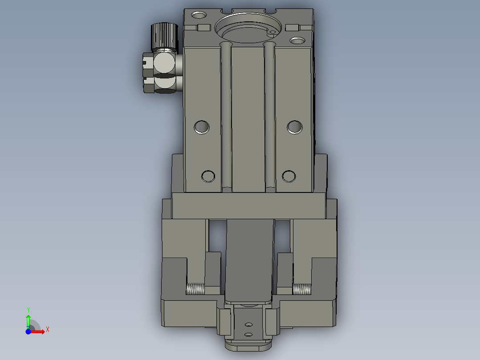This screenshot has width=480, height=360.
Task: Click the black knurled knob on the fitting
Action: pyautogui.click(x=163, y=36)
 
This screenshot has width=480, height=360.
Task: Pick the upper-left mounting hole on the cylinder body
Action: pyautogui.click(x=202, y=127)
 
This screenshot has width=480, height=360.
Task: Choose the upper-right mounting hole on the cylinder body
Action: pyautogui.click(x=294, y=127)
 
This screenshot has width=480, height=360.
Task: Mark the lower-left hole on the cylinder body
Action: pyautogui.click(x=208, y=176)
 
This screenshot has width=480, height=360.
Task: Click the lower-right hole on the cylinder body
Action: pyautogui.click(x=289, y=176)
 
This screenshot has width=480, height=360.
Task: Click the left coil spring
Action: pyautogui.click(x=195, y=290)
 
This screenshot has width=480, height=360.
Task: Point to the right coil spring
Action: pyautogui.click(x=301, y=290)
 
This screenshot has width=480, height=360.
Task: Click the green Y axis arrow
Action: pyautogui.click(x=28, y=320)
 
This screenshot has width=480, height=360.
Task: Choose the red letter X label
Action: pyautogui.click(x=48, y=329)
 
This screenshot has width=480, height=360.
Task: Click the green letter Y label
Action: pyautogui.click(x=28, y=309)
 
